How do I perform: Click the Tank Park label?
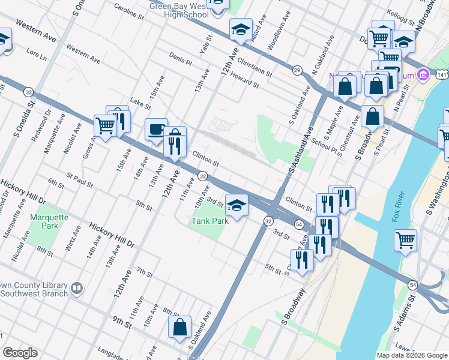210,221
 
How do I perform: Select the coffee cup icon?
157,129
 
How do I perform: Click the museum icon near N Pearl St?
423,75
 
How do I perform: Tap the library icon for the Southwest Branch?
76,289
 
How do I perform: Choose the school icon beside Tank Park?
237,205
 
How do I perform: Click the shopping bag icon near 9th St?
179,328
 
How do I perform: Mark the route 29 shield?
297,71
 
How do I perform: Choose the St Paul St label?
80,181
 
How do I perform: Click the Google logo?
20,353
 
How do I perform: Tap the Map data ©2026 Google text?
411,355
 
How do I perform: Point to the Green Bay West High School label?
179,10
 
